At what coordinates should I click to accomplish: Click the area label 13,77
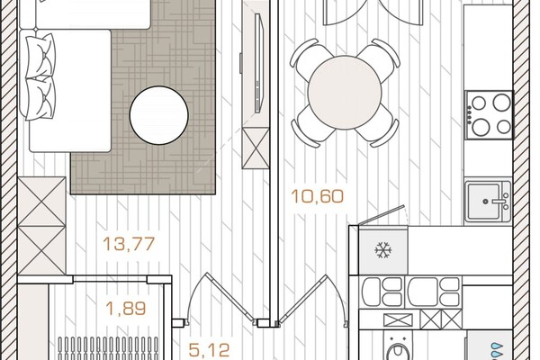[129, 244]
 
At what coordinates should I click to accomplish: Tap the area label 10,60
[317, 196]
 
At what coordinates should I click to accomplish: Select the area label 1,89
[126, 309]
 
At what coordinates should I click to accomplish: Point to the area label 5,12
[209, 350]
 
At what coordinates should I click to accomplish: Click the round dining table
[345, 93]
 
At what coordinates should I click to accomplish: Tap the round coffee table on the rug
[158, 115]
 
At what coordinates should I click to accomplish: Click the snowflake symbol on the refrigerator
[383, 250]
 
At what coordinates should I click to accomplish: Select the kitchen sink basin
[482, 202]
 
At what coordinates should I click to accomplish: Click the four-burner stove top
[489, 114]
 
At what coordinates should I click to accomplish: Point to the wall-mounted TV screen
[259, 63]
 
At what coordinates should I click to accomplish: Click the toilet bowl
[399, 348]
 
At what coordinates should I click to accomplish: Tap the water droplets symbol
[497, 351]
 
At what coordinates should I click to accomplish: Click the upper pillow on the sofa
[40, 55]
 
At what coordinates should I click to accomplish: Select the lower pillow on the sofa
[40, 98]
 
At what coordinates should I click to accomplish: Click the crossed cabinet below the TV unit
[256, 148]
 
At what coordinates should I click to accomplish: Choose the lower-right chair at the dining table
[378, 127]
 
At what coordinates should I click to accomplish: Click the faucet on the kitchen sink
[504, 201]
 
